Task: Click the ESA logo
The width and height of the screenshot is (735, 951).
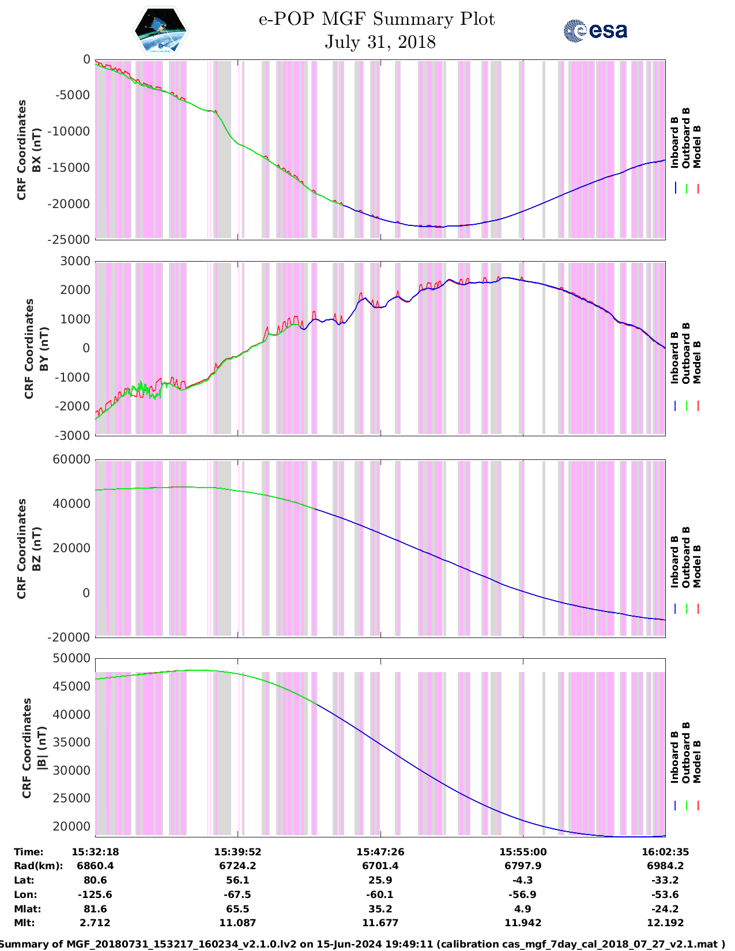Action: tap(595, 31)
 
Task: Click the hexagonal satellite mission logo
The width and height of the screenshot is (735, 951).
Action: tap(161, 31)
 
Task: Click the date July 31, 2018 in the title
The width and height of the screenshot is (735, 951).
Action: tap(380, 42)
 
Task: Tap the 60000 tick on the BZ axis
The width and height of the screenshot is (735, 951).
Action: tap(71, 459)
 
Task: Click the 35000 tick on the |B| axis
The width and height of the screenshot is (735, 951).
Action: tap(71, 742)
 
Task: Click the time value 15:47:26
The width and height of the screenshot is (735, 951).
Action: tap(380, 852)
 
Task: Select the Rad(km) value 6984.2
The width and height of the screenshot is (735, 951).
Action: tap(665, 866)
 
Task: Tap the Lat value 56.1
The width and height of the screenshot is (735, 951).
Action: tap(238, 880)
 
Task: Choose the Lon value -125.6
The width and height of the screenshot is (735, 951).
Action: tap(95, 895)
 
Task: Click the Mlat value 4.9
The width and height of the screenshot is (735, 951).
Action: tap(522, 909)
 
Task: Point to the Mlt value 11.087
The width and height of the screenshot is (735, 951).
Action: tap(238, 923)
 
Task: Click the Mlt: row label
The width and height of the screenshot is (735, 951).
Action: tap(24, 923)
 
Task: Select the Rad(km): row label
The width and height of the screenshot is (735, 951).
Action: tap(38, 866)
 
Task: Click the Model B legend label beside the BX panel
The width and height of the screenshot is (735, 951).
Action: tap(697, 147)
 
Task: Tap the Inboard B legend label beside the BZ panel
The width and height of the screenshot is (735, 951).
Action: tap(674, 562)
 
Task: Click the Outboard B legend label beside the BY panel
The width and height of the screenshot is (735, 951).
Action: tap(686, 353)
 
